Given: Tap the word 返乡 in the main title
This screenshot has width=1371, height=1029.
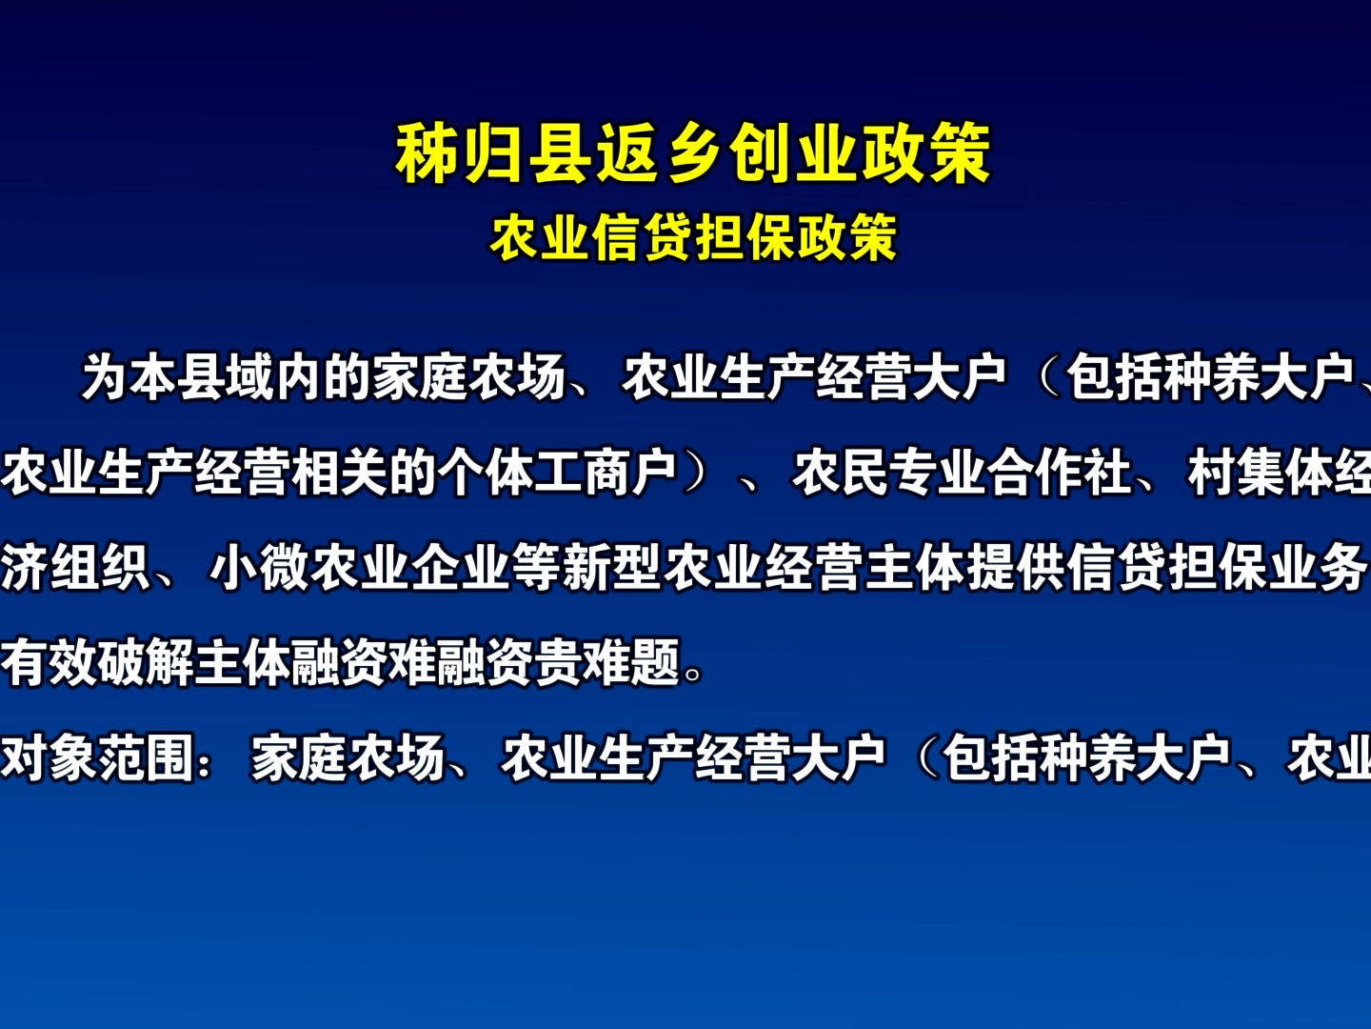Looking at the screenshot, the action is [x=660, y=153].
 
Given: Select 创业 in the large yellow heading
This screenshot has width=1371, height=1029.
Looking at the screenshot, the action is [x=792, y=153].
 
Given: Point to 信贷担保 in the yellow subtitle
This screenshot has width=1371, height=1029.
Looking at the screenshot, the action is [x=694, y=237].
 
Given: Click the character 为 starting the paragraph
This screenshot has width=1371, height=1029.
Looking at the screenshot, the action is [x=105, y=376].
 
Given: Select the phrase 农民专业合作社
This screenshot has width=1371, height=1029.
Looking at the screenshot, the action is [x=963, y=473].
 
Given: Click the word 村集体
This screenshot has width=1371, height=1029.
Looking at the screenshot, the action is [x=1260, y=473].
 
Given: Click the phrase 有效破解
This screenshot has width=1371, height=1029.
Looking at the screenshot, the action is [x=97, y=663].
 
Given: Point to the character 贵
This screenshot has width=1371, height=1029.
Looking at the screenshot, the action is [x=558, y=663].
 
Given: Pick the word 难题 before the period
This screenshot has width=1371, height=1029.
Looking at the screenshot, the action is [x=631, y=663].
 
